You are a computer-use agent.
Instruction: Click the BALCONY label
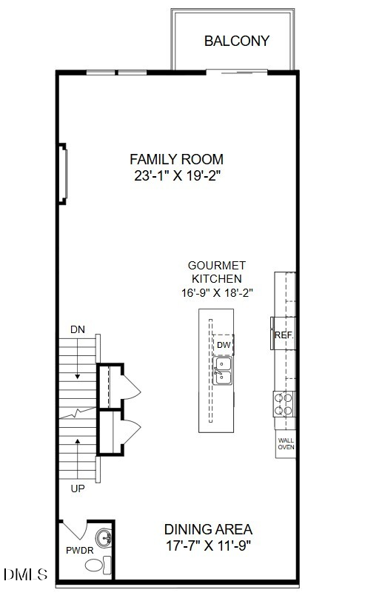tap(237, 41)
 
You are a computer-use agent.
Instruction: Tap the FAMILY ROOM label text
tap(176, 159)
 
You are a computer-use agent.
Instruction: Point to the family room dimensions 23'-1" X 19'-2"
tap(177, 176)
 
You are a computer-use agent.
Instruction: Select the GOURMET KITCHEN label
tap(217, 272)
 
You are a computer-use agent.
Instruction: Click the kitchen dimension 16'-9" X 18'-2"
tap(217, 293)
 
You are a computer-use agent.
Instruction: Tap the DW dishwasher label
tap(224, 345)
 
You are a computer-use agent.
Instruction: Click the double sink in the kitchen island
tap(222, 370)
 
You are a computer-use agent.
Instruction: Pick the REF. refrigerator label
tap(284, 335)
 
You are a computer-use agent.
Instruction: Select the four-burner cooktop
tap(284, 404)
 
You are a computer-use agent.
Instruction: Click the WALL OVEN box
tap(286, 444)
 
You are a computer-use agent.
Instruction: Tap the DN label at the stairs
tap(78, 329)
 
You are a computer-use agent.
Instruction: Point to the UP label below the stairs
tap(78, 488)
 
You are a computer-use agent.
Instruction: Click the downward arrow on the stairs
tap(78, 358)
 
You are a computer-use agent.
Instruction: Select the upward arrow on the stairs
tap(78, 459)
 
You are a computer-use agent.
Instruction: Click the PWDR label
tap(80, 551)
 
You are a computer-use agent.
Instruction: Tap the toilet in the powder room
tap(98, 565)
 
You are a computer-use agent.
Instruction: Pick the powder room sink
tap(104, 539)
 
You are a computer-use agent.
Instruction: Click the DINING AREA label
tap(208, 529)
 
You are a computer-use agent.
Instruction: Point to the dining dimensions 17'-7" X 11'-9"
tap(209, 545)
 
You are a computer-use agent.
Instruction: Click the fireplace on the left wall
tap(63, 174)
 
